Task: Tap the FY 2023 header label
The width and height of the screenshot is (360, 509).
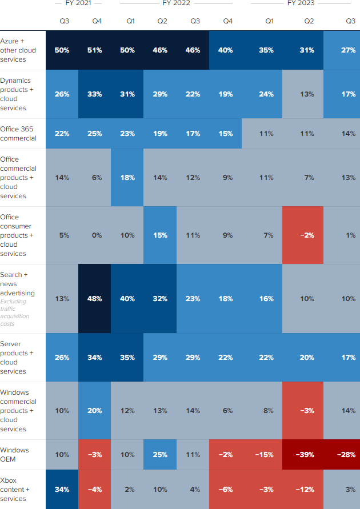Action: [301, 3]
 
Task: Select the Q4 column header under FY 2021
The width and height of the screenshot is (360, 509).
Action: [97, 21]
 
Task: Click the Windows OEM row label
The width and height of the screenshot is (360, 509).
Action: [15, 455]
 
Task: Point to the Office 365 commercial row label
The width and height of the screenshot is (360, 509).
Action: [18, 134]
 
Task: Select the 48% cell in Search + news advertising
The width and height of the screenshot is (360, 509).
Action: [95, 298]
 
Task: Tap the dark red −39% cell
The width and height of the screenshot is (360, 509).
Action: [303, 455]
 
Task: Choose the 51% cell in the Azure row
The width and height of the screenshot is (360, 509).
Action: [95, 50]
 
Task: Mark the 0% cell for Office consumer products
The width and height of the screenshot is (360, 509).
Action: [95, 235]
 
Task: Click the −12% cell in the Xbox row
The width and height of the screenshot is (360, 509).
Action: [303, 490]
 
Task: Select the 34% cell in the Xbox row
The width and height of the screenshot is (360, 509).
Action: [62, 490]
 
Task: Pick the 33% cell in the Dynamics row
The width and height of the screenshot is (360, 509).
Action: [95, 94]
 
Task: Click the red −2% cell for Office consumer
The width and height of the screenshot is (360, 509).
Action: [303, 235]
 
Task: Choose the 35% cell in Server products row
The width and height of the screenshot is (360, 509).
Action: [127, 358]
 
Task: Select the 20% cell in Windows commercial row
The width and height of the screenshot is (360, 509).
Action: [95, 411]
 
